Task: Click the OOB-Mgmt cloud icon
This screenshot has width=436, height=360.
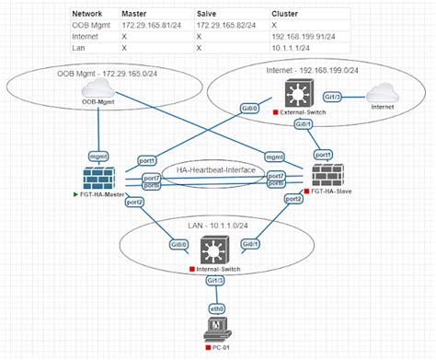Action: pyautogui.click(x=96, y=87)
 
